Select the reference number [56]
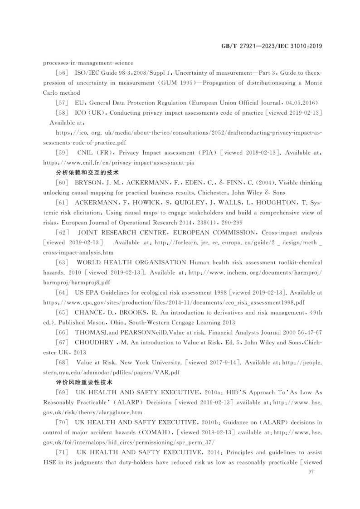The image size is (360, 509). coord(62,73)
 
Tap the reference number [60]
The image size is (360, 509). coord(62,183)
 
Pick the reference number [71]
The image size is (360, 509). coord(62,453)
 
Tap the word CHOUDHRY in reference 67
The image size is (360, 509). coord(94,342)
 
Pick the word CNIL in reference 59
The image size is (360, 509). coord(85,153)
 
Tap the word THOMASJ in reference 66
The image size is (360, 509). coord(92,332)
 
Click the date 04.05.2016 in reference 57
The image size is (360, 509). coord(302,102)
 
